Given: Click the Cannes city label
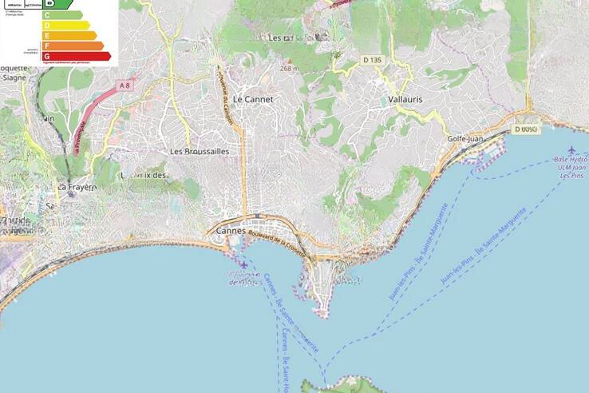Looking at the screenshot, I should pyautogui.click(x=230, y=231).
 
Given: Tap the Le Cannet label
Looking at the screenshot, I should pyautogui.click(x=253, y=100).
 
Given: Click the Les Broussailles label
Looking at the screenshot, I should pyautogui.click(x=200, y=150).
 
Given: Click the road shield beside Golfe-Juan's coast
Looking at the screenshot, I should pyautogui.click(x=527, y=129).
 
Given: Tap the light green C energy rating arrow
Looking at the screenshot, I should pyautogui.click(x=61, y=14).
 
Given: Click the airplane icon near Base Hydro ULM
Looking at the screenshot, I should pyautogui.click(x=571, y=149).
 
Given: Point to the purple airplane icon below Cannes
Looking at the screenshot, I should pyautogui.click(x=243, y=264).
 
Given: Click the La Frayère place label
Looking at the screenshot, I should pyautogui.click(x=76, y=187).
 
